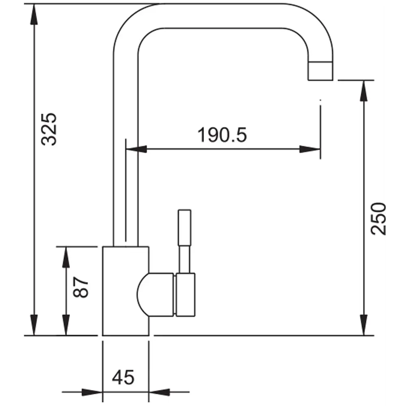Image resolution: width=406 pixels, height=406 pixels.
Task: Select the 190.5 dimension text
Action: tap(222, 135)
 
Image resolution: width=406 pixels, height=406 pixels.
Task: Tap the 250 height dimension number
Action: tap(378, 218)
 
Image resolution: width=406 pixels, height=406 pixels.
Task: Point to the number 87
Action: tap(82, 287)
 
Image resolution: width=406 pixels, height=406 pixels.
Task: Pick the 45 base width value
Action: tap(123, 378)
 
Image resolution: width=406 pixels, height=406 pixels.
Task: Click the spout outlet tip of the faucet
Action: tap(321, 71)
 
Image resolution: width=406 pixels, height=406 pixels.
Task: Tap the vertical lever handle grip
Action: tap(185, 227)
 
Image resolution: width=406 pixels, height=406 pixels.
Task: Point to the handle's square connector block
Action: tap(185, 294)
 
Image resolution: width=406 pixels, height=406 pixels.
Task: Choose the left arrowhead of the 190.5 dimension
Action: tap(136, 149)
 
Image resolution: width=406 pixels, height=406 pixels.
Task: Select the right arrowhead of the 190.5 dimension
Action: tap(311, 149)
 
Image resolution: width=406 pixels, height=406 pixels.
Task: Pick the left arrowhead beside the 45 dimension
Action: tap(92, 393)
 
